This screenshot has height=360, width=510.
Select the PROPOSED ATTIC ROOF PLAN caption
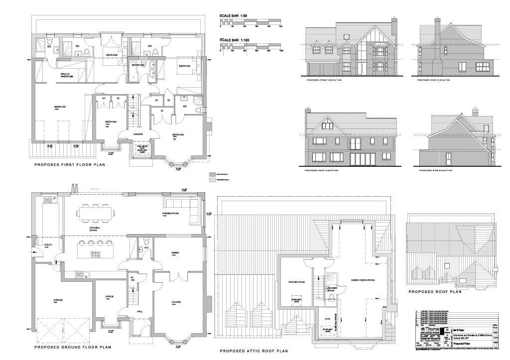click(254, 351)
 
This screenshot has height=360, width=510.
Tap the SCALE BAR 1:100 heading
click(235, 40)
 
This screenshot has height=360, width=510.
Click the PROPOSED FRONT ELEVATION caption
click(324, 80)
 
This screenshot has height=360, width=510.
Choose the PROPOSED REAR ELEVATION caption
click(322, 171)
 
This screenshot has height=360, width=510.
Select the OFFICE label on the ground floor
click(109, 297)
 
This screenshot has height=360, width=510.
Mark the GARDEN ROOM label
click(170, 214)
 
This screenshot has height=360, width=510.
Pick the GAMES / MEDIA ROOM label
click(363, 280)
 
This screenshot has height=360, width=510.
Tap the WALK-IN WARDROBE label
click(67, 76)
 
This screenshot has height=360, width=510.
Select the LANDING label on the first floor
click(138, 134)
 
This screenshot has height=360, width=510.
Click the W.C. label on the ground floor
click(146, 247)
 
